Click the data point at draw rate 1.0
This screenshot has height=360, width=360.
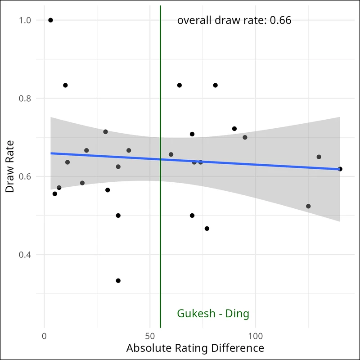[50, 20]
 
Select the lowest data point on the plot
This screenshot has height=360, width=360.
[118, 280]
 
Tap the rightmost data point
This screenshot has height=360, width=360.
[340, 169]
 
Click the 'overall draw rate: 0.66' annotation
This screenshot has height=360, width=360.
[234, 20]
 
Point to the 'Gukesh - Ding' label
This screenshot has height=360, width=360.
[213, 314]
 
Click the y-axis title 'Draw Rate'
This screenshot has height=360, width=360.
[10, 166]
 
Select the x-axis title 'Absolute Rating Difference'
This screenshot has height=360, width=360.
[195, 348]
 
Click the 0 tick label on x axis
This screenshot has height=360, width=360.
[44, 336]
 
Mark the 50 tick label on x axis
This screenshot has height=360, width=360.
[150, 336]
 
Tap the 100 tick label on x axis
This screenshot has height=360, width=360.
[256, 336]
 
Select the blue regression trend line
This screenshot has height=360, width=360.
[225, 162]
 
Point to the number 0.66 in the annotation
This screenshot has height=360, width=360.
[280, 20]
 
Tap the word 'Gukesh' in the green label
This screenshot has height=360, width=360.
[196, 314]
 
